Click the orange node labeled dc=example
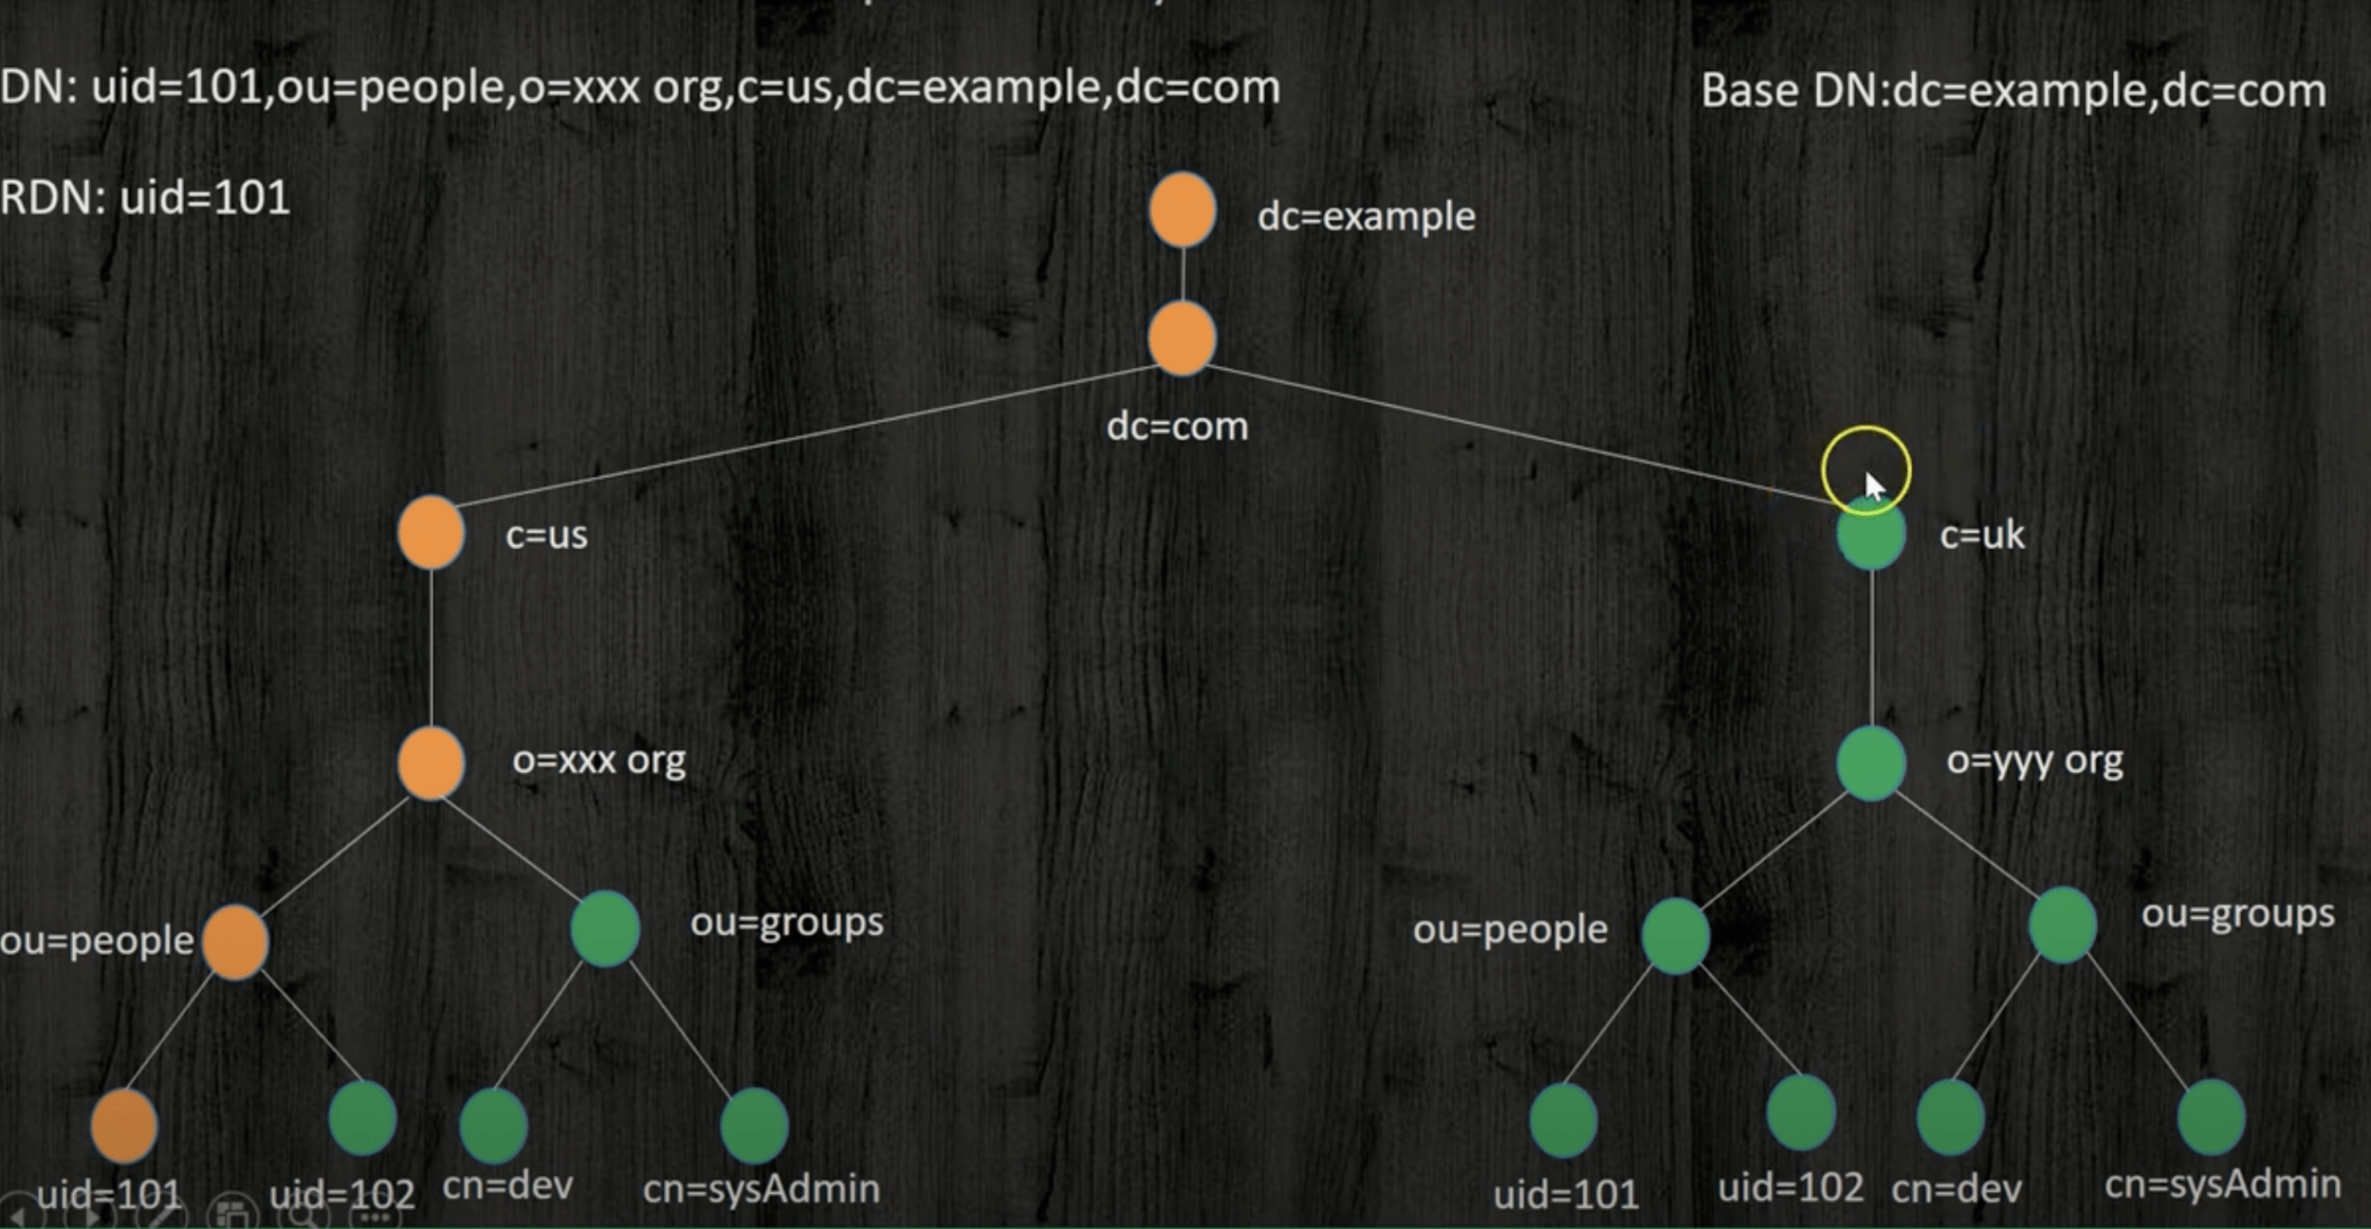click(1182, 210)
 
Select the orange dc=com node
click(1182, 339)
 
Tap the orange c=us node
click(431, 533)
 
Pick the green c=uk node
click(1870, 536)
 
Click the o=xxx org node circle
click(431, 762)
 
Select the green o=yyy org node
click(1870, 762)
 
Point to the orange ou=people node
click(234, 941)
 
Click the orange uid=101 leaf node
click(124, 1125)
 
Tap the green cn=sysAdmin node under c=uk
click(2211, 1117)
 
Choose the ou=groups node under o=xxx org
click(605, 927)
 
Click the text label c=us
click(546, 535)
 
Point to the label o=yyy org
click(2033, 761)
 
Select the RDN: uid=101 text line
click(145, 198)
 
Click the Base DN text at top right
click(2013, 91)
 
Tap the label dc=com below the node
click(1177, 427)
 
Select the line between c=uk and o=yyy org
click(1871, 648)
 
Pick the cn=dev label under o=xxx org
click(507, 1186)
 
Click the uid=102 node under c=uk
click(1800, 1112)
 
